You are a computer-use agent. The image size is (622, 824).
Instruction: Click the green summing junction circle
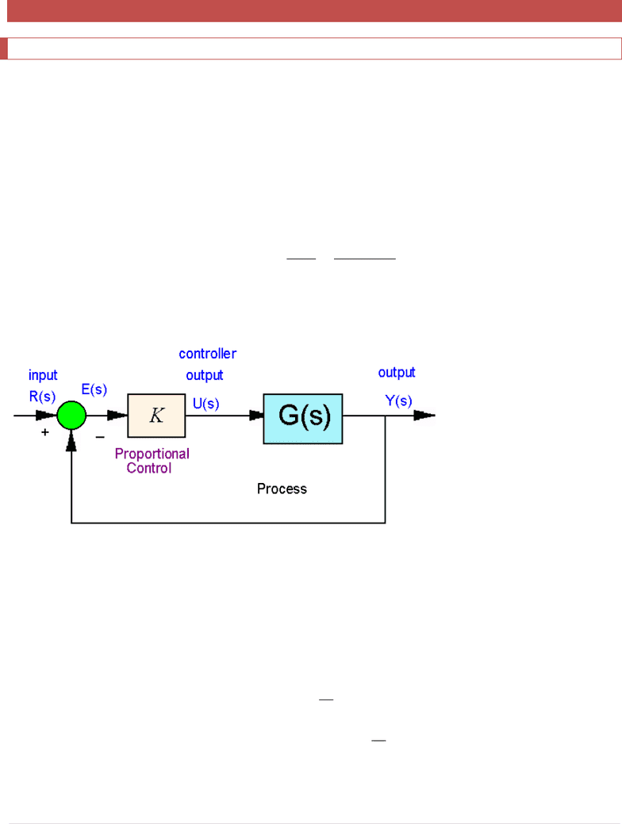pos(71,415)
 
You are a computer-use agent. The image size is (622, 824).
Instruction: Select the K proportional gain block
pos(156,415)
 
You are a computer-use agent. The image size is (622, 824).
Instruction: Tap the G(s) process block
pos(303,419)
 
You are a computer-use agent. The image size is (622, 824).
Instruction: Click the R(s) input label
pos(42,397)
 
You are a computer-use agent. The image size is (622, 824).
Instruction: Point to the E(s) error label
pos(94,389)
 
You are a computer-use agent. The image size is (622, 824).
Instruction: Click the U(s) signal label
pos(206,404)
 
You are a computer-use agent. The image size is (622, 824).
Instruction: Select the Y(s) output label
pos(398,401)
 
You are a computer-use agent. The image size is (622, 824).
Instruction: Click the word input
pos(43,375)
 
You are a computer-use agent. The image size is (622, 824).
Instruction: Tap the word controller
pos(208,354)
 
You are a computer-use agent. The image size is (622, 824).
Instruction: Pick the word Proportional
pos(152,454)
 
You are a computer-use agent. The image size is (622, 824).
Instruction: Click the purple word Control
pos(149,468)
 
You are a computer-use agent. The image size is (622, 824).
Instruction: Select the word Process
pos(282,489)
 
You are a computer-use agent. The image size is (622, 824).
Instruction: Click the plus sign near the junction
pos(44,432)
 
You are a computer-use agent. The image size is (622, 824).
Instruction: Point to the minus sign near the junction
pos(100,437)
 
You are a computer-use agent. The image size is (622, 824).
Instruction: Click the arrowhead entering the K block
pos(117,415)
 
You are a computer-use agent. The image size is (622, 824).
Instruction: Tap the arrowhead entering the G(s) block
pos(256,415)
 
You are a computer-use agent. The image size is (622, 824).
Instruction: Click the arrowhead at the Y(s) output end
pos(424,415)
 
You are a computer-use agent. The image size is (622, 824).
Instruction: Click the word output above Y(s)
pos(397,373)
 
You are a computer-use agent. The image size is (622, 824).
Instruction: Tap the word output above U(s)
pos(205,375)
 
